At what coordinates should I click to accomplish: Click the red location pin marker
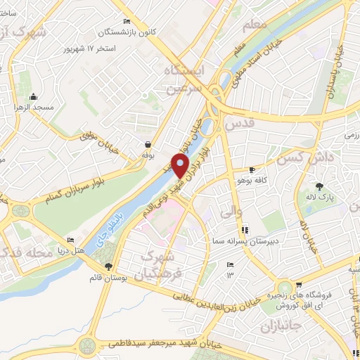tap(181, 166)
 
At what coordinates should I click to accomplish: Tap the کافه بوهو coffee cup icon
tap(252, 170)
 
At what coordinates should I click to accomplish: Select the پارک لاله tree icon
tap(320, 186)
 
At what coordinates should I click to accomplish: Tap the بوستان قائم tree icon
tap(108, 266)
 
